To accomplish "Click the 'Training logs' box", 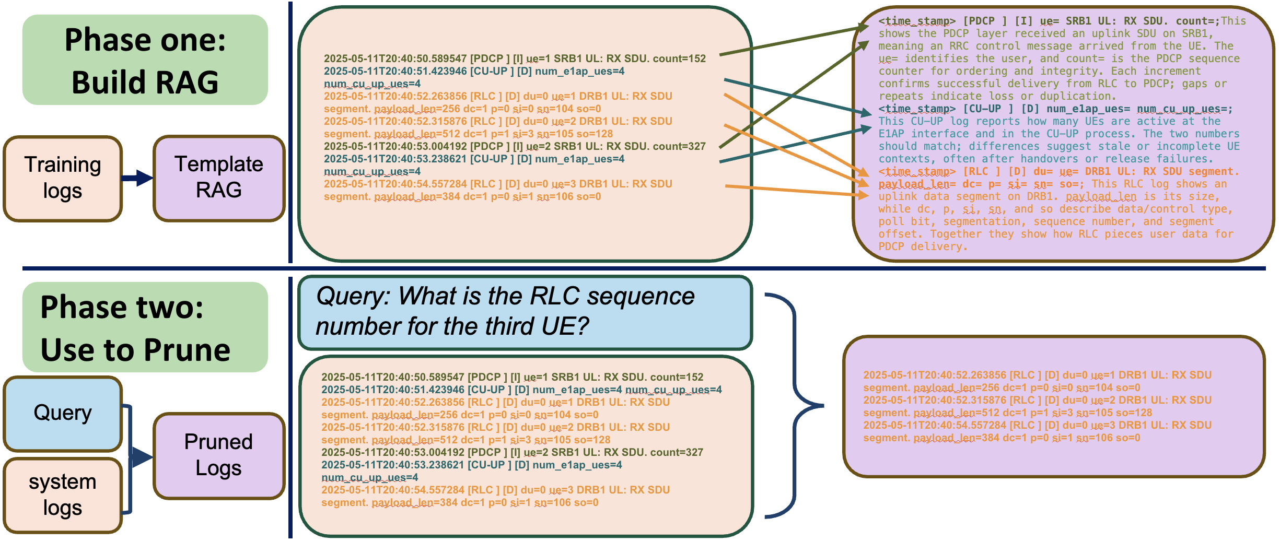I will (x=63, y=178).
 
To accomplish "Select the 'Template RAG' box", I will (x=219, y=178).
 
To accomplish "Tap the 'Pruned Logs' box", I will (x=219, y=455).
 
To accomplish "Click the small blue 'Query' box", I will (x=63, y=413).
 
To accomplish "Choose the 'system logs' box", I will (x=63, y=495).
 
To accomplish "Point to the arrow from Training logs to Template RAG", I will (x=137, y=178).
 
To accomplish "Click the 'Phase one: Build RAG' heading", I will (x=145, y=60).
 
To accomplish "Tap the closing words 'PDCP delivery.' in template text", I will (x=923, y=246).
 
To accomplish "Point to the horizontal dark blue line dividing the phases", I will (x=643, y=268).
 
